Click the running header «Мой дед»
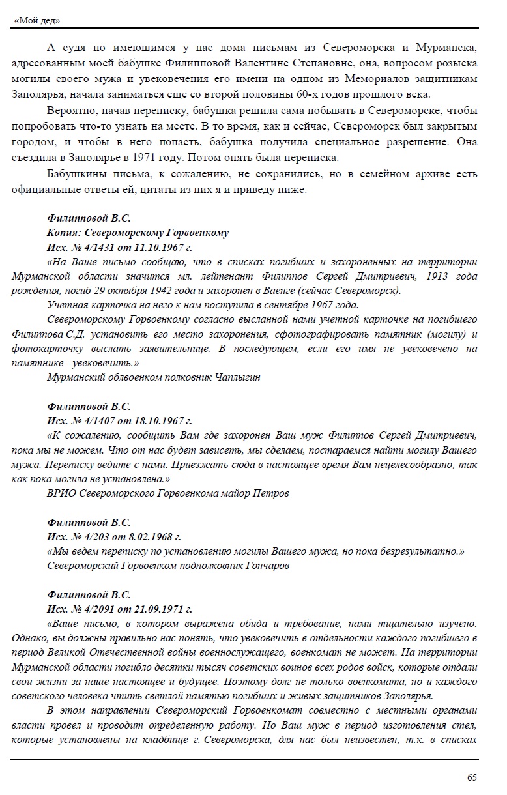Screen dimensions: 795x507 tap(37, 21)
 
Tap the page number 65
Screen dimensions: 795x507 tap(472, 777)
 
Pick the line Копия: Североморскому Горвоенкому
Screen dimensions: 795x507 tap(138, 233)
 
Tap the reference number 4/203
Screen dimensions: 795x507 tap(93, 538)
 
